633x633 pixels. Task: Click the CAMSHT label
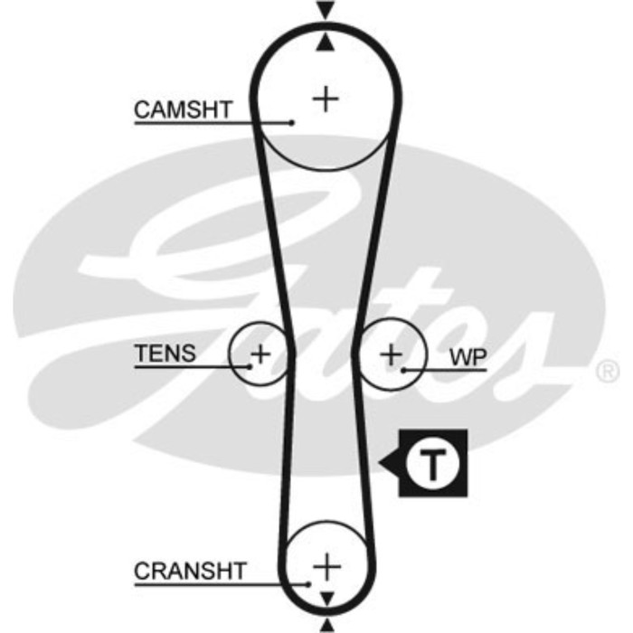[183, 110]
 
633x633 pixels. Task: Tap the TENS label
[165, 353]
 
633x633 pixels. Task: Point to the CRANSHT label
[190, 572]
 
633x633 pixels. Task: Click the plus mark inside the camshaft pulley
[325, 98]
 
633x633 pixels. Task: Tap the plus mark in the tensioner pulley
[260, 353]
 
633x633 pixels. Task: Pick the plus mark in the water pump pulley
[391, 354]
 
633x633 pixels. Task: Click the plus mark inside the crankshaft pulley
[326, 566]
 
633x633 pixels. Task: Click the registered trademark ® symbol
[609, 371]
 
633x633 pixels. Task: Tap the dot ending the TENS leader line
[250, 365]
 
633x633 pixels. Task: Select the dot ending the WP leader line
[404, 369]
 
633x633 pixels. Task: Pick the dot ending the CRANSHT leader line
[310, 584]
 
